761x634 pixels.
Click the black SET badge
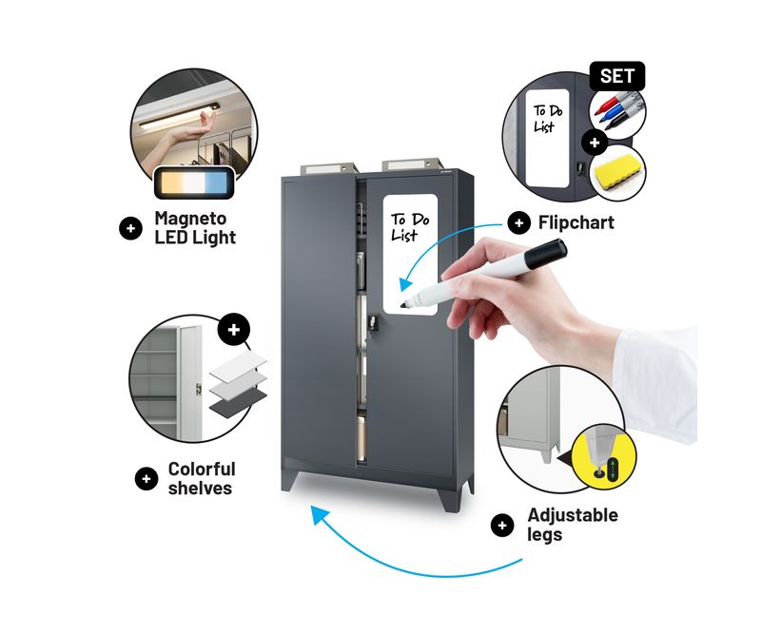click(x=616, y=76)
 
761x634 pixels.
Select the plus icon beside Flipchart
click(x=518, y=223)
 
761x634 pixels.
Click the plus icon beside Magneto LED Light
click(x=130, y=228)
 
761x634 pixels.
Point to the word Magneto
click(x=190, y=219)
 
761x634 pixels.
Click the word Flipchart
click(x=576, y=222)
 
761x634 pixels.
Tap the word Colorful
click(x=202, y=469)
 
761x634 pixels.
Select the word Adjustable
click(x=573, y=515)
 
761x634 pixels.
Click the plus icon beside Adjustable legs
click(x=502, y=525)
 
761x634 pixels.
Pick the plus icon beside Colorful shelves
click(x=146, y=479)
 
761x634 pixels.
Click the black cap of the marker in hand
click(x=546, y=254)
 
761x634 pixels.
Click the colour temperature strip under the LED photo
click(x=194, y=183)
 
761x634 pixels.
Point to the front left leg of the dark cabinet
click(x=290, y=480)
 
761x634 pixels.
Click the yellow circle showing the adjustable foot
click(x=604, y=457)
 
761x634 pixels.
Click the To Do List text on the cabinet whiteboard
click(x=411, y=227)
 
